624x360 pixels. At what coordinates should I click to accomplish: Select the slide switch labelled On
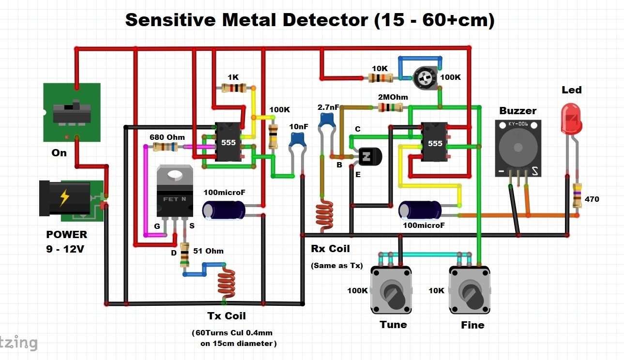click(x=72, y=112)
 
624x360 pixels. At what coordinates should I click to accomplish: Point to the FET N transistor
click(x=174, y=191)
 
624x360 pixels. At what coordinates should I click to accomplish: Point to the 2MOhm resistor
click(x=391, y=107)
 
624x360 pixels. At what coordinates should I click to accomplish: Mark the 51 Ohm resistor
click(x=184, y=255)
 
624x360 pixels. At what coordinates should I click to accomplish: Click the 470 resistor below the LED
click(x=577, y=196)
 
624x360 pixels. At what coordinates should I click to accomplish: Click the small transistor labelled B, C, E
click(x=369, y=156)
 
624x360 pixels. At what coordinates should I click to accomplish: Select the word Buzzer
click(x=518, y=111)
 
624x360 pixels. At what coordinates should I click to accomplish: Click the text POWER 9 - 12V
click(x=67, y=241)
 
